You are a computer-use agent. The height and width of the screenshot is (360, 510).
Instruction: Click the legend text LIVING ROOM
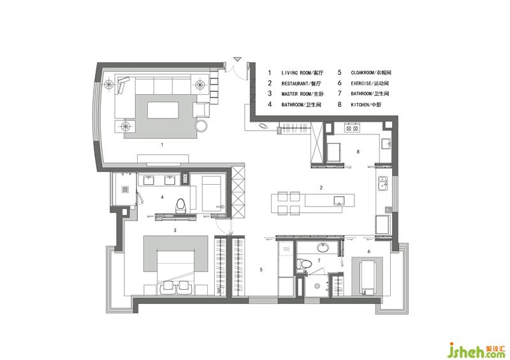pyautogui.click(x=294, y=73)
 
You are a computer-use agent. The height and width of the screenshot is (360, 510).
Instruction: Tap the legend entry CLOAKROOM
pyautogui.click(x=362, y=73)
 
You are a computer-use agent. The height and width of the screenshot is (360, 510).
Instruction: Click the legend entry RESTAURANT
pyautogui.click(x=295, y=83)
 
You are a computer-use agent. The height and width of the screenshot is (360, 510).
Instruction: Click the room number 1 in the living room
pyautogui.click(x=162, y=145)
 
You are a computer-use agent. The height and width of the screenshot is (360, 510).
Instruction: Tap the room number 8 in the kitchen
pyautogui.click(x=358, y=152)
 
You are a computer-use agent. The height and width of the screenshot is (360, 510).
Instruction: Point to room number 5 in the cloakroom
pyautogui.click(x=261, y=270)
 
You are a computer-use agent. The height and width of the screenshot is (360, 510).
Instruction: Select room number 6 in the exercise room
pyautogui.click(x=369, y=252)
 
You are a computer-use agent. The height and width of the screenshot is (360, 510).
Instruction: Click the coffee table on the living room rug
pyautogui.click(x=163, y=110)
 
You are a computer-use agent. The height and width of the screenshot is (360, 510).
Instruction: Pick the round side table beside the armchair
pyautogui.click(x=201, y=126)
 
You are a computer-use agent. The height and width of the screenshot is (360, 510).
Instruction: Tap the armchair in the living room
pyautogui.click(x=201, y=110)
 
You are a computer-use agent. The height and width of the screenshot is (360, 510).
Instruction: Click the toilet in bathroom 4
pyautogui.click(x=180, y=206)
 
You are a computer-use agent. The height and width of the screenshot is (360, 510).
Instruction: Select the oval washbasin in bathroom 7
pyautogui.click(x=323, y=248)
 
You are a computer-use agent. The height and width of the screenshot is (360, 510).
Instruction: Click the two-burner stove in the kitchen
pyautogui.click(x=351, y=128)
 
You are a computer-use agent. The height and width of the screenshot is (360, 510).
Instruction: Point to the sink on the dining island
pyautogui.click(x=339, y=201)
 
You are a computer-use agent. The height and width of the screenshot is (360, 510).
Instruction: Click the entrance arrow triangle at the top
pyautogui.click(x=237, y=59)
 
